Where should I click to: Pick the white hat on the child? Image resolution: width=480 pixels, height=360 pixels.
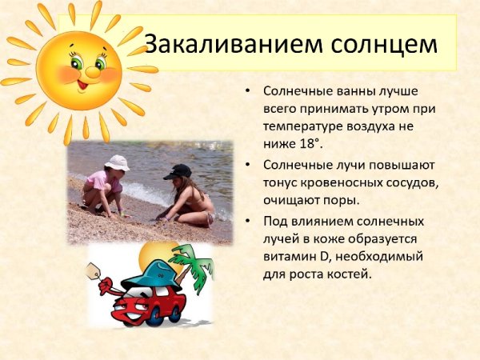coord(118,162)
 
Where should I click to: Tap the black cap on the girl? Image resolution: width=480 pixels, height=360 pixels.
coord(177,170)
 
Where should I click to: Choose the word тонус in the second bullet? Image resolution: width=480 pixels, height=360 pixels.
coord(279,182)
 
